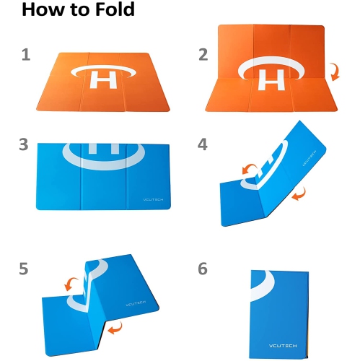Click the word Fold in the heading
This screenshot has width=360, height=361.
point(115,9)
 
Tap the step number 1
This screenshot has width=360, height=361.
point(26,55)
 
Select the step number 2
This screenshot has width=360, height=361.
point(203,55)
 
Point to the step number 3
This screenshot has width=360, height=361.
point(24,144)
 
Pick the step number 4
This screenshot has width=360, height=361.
point(203,144)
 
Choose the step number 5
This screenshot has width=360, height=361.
point(24,269)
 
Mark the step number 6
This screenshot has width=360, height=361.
point(203,269)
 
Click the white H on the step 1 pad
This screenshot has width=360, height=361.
point(103,79)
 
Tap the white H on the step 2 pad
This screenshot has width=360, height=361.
point(271,80)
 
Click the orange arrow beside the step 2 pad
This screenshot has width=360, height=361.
point(335,71)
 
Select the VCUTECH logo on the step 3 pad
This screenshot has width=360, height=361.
point(153,199)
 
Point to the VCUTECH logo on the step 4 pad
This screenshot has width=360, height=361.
point(309,158)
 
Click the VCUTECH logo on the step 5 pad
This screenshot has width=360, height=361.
point(136,303)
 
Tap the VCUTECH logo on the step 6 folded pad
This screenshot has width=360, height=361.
point(283,346)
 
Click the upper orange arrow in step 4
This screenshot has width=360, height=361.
point(249,168)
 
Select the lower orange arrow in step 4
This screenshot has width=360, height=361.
point(299,194)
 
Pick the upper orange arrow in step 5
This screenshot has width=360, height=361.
point(71,284)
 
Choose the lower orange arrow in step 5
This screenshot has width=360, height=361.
point(115,328)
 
